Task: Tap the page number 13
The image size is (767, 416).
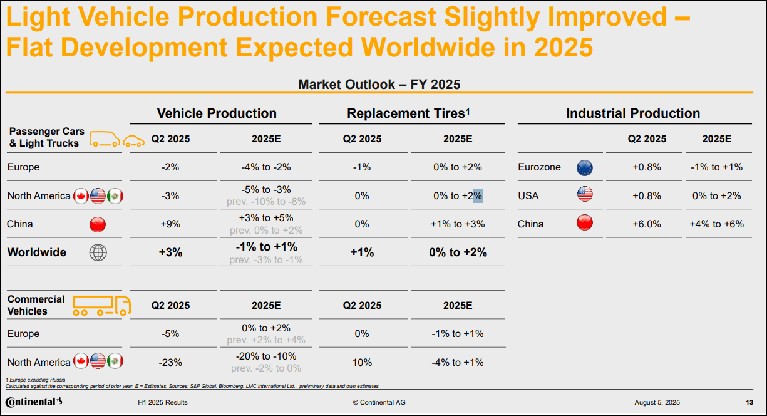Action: [x=749, y=402]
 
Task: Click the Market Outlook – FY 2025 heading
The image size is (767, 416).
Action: [x=379, y=85]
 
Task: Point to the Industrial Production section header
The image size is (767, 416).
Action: [x=633, y=113]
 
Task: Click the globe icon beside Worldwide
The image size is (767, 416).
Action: [x=98, y=252]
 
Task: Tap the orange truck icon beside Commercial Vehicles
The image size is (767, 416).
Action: [x=101, y=305]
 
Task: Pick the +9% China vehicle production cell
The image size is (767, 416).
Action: [x=170, y=224]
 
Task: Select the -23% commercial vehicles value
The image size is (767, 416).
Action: [x=170, y=362]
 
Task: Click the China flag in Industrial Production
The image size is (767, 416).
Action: [x=584, y=223]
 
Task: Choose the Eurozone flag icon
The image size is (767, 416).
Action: [x=584, y=167]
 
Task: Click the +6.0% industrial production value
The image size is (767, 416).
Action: [x=647, y=224]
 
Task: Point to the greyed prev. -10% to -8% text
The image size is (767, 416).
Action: [x=265, y=202]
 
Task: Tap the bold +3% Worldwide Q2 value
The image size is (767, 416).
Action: [x=170, y=252]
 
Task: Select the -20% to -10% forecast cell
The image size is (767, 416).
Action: [x=265, y=356]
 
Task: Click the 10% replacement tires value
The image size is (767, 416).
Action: [x=362, y=362]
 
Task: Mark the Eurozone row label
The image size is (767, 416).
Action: [x=539, y=167]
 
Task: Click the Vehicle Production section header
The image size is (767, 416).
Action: [x=217, y=113]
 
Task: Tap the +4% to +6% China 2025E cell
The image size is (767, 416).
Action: [x=716, y=224]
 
